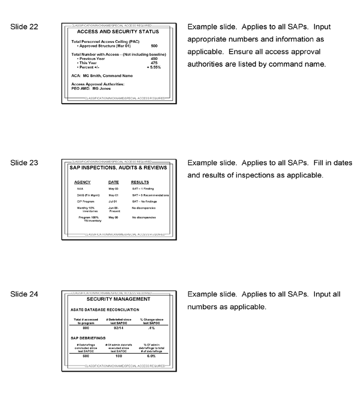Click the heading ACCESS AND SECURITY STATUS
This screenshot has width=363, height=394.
coord(118,32)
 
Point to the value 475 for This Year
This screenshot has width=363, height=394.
coord(154,63)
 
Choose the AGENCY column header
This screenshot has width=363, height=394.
coord(83,182)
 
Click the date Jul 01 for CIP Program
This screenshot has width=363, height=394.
coord(113,201)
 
